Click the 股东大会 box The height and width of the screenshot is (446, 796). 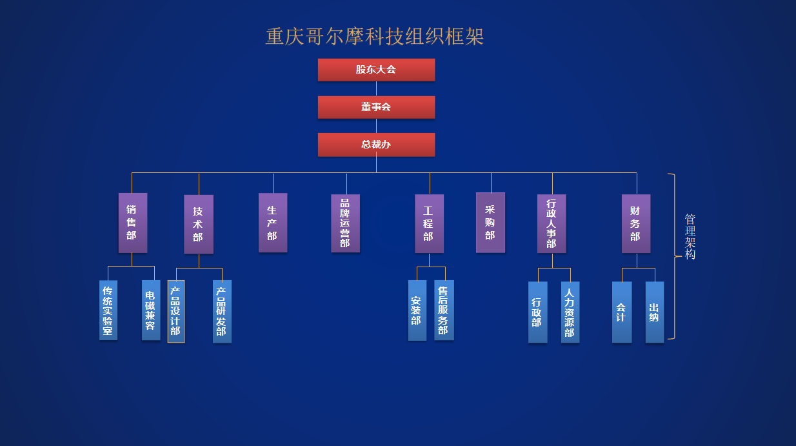tap(376, 70)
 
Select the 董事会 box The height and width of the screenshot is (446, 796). tap(376, 107)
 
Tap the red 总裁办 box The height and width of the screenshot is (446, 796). tap(376, 145)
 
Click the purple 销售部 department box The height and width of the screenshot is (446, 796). tap(132, 223)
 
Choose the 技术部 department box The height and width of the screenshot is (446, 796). tap(198, 224)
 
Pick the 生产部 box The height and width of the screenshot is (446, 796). tap(272, 223)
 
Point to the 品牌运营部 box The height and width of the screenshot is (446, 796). tap(345, 223)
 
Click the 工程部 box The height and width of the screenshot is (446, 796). tap(429, 223)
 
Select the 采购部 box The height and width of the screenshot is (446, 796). tap(490, 223)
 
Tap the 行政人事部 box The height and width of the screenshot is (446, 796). tap(552, 223)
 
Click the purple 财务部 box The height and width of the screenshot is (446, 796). tap(635, 223)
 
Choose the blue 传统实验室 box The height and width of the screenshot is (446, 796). tap(108, 310)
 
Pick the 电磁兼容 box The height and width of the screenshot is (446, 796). tap(151, 310)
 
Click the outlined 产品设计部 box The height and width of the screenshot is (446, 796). tap(175, 311)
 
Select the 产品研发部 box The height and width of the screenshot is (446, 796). tap(222, 311)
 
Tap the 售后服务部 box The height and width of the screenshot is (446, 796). tap(444, 310)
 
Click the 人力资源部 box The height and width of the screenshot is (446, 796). tap(570, 312)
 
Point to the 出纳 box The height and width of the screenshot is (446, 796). tap(654, 312)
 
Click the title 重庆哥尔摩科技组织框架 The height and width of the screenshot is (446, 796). tap(375, 36)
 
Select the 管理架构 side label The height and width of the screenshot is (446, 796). tap(690, 237)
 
